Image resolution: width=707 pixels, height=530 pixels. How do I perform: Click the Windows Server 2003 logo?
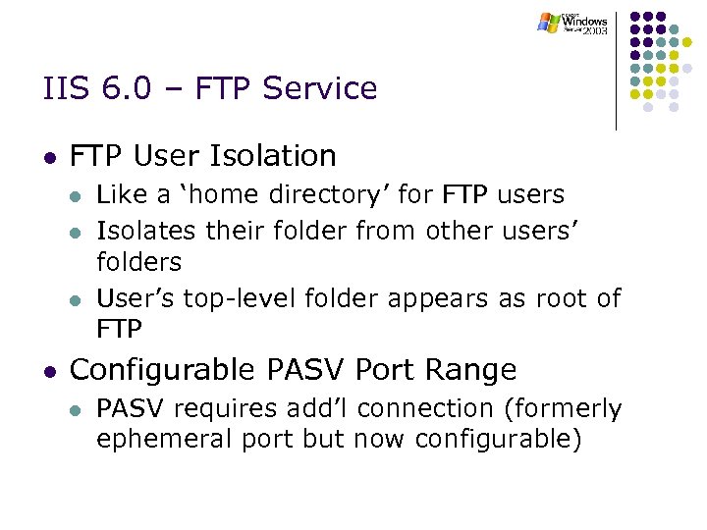click(572, 23)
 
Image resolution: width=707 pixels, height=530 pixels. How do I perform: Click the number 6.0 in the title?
click(121, 88)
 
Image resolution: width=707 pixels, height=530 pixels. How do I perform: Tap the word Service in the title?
click(329, 88)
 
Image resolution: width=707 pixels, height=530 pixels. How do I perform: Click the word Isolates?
click(143, 230)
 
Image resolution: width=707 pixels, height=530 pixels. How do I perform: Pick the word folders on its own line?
click(138, 263)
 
